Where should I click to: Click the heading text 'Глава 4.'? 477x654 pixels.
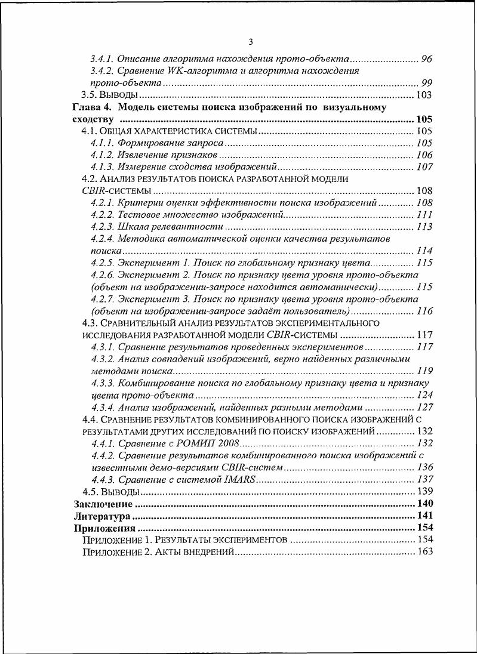point(91,107)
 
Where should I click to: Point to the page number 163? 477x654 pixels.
point(424,552)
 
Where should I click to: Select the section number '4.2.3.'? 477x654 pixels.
point(103,227)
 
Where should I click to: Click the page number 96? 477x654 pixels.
point(427,59)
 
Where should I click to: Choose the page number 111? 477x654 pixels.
point(424,215)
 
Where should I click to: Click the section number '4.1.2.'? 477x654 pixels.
point(103,155)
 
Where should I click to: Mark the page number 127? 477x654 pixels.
point(424,407)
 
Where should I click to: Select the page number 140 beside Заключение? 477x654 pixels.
point(424,504)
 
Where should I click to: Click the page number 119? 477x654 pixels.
point(424,371)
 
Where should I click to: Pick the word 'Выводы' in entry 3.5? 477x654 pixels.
point(119,95)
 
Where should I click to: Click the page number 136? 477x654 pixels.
point(424,467)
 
